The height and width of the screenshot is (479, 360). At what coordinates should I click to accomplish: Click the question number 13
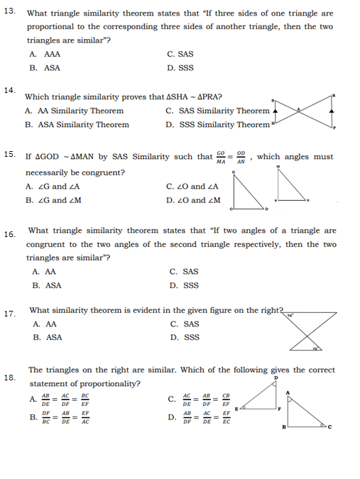point(9,11)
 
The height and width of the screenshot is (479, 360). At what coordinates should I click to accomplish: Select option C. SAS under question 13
point(180,54)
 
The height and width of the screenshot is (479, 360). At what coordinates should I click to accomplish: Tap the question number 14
point(9,90)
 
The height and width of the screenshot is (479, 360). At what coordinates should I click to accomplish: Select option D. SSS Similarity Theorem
point(217,125)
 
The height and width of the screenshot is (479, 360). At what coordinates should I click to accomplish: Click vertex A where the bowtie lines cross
point(300,110)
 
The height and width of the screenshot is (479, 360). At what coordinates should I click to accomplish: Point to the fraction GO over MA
point(221,156)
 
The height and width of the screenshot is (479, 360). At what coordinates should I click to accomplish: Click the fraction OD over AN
point(242,156)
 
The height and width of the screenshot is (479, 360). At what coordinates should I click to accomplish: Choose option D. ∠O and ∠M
point(192,200)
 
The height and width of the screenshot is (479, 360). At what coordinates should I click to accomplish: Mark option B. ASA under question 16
point(46,285)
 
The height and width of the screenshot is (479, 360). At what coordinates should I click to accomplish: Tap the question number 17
point(9,314)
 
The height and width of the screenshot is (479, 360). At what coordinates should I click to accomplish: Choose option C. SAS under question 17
point(184,324)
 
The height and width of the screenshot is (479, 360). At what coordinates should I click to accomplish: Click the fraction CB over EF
point(227,400)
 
